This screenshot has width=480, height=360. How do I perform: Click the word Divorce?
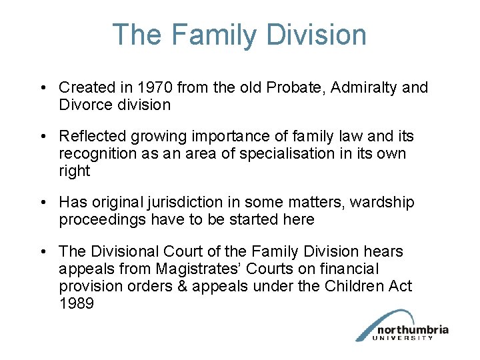(85, 105)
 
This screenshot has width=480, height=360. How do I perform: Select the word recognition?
(97, 154)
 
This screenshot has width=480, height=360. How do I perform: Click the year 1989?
(75, 303)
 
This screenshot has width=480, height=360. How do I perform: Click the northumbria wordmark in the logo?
(412, 330)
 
